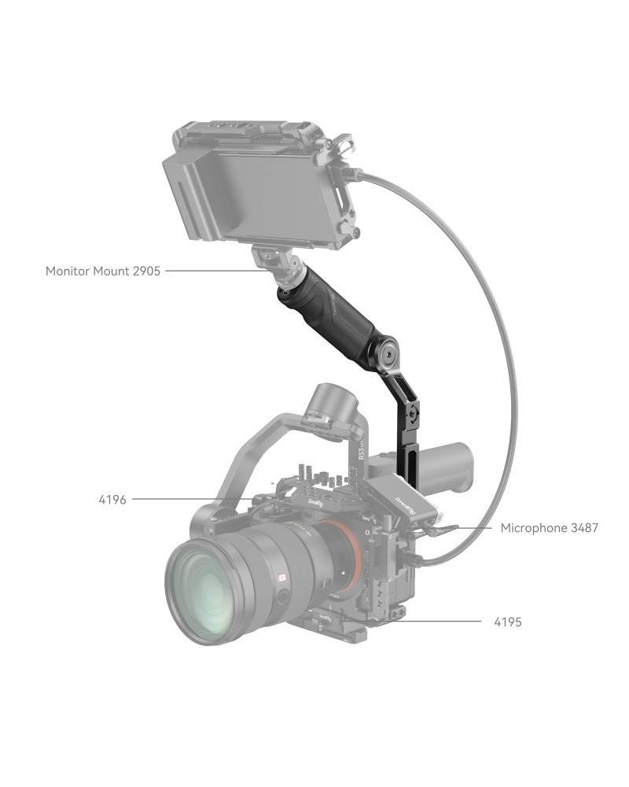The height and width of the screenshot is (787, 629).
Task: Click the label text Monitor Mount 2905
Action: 103,271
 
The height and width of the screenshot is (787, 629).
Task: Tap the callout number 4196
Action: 112,500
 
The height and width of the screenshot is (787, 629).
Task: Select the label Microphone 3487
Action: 550,528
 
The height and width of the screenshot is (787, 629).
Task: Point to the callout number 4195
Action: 508,622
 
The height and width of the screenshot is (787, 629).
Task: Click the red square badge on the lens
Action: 281,578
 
